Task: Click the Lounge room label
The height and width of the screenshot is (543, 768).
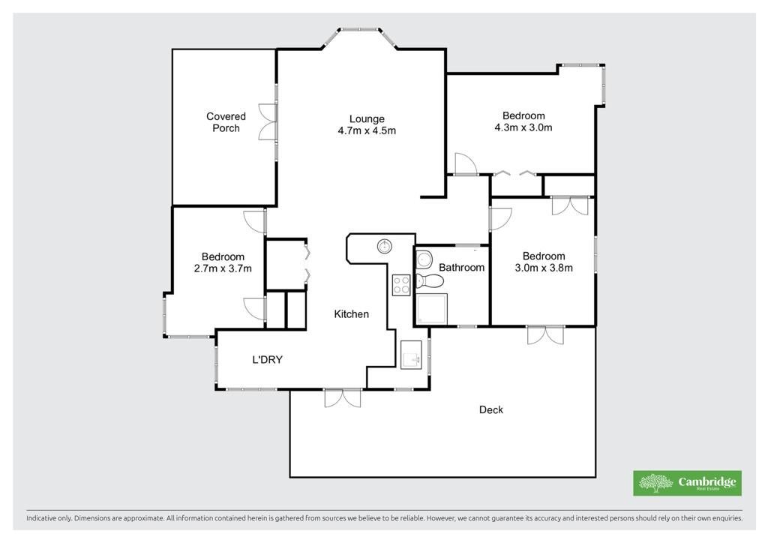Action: (367, 119)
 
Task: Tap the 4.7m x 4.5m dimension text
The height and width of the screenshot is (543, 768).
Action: (367, 130)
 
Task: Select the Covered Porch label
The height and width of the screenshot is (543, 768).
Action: (226, 122)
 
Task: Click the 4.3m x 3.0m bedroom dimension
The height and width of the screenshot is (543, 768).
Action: (523, 127)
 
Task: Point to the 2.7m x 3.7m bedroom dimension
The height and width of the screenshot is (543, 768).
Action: (223, 268)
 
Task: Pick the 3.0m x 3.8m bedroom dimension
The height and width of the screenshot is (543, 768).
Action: (544, 268)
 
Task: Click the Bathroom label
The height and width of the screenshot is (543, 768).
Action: (461, 267)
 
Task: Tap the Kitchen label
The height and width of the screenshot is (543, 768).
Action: (351, 314)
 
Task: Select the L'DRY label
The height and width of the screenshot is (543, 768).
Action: (268, 360)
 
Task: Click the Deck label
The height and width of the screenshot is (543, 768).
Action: (490, 409)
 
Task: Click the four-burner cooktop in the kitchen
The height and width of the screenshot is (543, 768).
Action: (401, 285)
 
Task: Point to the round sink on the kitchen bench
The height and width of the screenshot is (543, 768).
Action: (385, 246)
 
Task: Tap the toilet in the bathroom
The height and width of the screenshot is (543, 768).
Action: (429, 281)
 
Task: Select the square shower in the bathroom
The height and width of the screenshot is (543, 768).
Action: (431, 308)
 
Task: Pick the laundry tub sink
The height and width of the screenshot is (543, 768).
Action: (411, 355)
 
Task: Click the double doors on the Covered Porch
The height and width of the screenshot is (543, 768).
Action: (268, 122)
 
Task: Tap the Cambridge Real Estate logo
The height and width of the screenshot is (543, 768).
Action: (687, 483)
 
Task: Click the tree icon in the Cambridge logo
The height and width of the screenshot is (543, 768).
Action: (655, 483)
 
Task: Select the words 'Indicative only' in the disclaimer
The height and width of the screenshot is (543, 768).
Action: (49, 518)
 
